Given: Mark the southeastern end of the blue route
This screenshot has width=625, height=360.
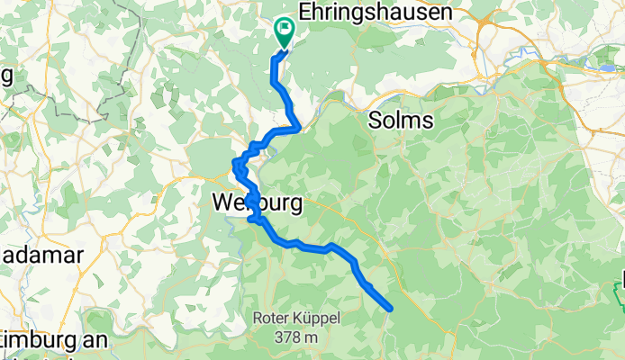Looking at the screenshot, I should click(x=389, y=309).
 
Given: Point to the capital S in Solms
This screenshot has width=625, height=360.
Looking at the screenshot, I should click(x=376, y=120).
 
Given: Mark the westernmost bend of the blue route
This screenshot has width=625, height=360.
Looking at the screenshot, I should click(x=236, y=165).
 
